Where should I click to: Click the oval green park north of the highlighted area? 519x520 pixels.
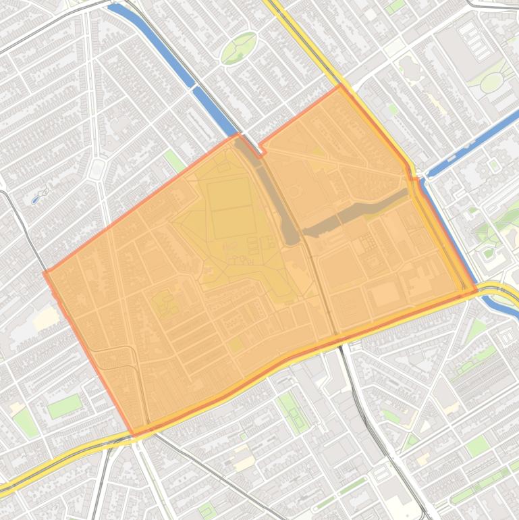239,47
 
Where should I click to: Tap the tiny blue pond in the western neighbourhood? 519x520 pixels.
35,200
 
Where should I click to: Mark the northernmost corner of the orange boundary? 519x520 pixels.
339,86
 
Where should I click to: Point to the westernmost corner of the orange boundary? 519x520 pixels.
45,272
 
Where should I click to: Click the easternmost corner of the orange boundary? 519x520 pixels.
476,291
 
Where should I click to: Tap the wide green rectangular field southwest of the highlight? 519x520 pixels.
64,406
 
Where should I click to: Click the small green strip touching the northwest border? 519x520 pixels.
175,161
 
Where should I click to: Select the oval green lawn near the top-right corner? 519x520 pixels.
491,82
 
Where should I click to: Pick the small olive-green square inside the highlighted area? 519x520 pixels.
235,345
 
